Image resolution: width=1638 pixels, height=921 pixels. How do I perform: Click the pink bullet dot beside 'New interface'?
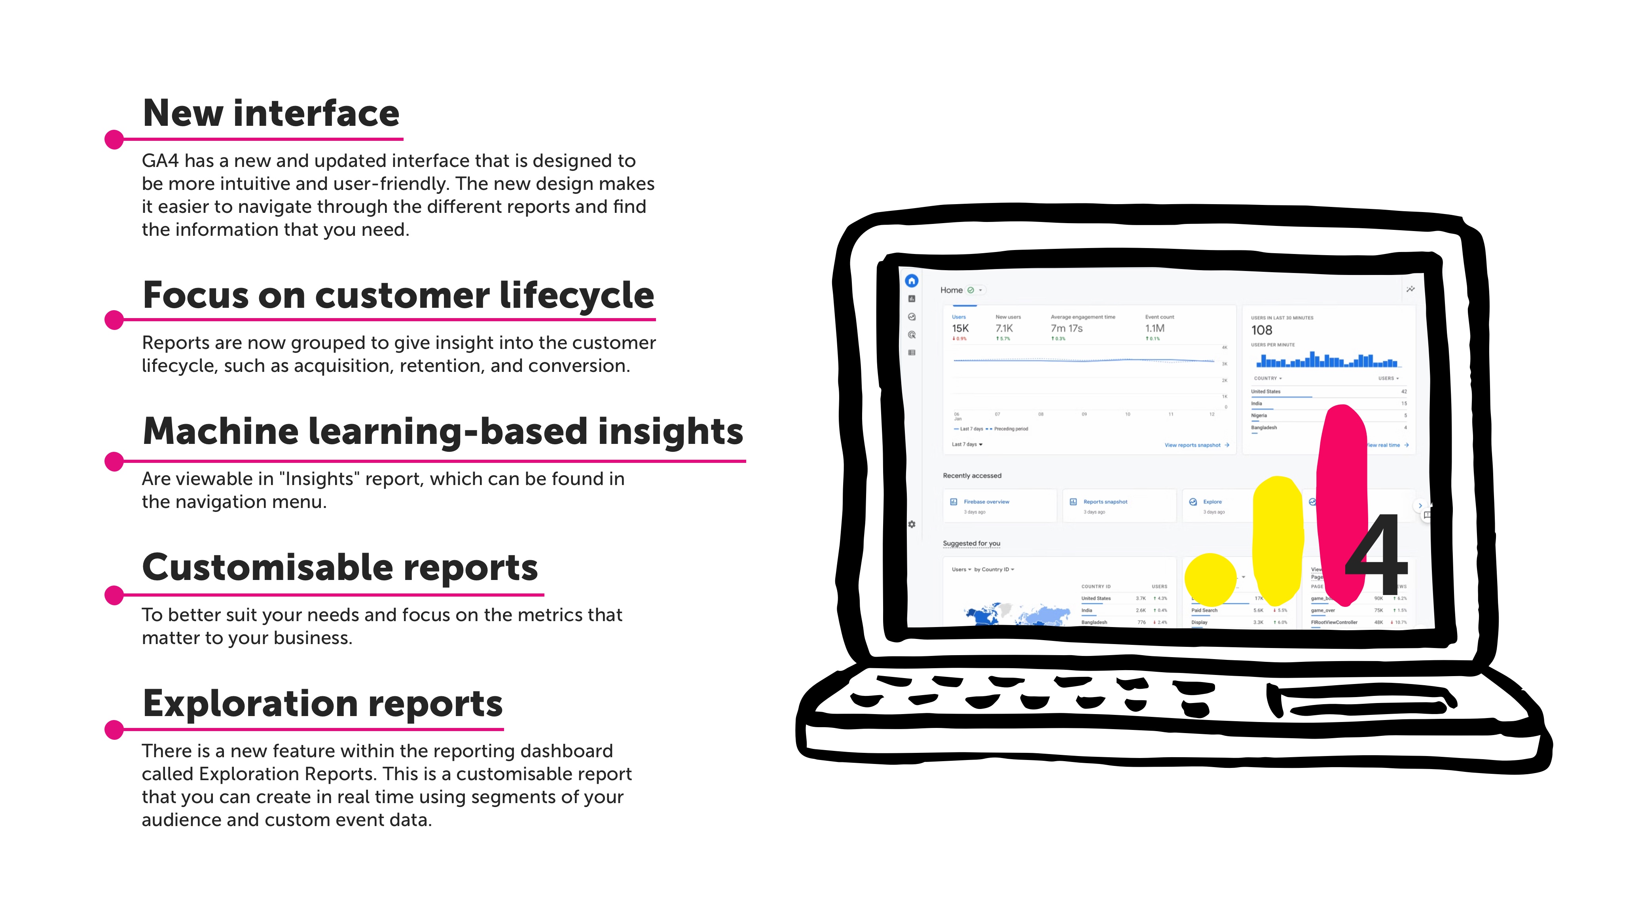tap(114, 139)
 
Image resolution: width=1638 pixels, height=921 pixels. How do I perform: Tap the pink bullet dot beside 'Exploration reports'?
tap(114, 730)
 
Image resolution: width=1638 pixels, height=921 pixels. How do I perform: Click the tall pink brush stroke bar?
tap(1342, 502)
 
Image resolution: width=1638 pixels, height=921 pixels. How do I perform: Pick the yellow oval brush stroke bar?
tap(1277, 540)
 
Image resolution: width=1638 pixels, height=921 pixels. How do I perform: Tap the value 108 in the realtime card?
tap(1262, 330)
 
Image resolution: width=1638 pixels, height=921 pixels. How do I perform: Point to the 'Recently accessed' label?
tap(972, 476)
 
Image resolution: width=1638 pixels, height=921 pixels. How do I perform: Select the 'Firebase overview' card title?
tap(986, 502)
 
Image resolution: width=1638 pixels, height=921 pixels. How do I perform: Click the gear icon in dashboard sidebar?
tap(912, 524)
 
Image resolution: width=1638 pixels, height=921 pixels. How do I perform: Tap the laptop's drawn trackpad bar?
tap(1361, 702)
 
